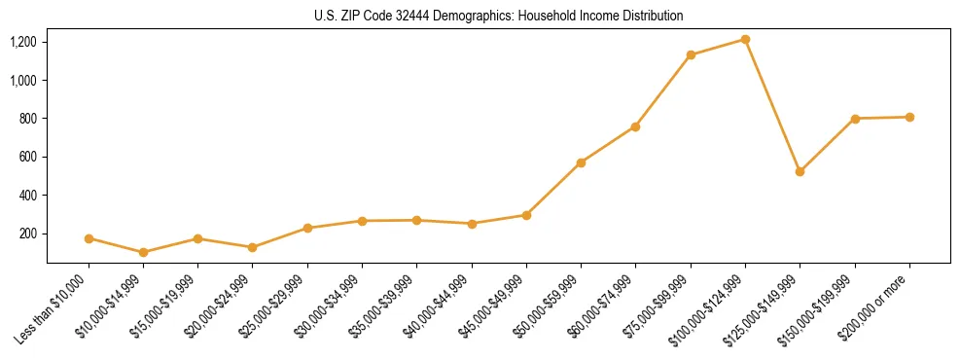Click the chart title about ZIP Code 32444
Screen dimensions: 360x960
click(498, 16)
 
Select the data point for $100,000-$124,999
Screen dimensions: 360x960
click(745, 39)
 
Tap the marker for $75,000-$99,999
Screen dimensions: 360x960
click(691, 54)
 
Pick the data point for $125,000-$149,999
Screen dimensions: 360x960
click(800, 171)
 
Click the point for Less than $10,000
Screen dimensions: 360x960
click(89, 238)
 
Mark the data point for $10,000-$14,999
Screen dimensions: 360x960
click(144, 252)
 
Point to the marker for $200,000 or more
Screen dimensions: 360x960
click(909, 117)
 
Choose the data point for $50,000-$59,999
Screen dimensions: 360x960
click(581, 162)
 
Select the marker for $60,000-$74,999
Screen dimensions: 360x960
click(635, 126)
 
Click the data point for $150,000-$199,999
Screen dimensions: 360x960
click(855, 119)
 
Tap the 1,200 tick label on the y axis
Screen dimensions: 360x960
click(23, 42)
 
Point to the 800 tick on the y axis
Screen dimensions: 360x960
click(27, 119)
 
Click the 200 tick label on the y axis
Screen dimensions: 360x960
click(27, 234)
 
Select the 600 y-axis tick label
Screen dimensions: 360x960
click(27, 157)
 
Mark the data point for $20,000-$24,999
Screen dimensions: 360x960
click(252, 247)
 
